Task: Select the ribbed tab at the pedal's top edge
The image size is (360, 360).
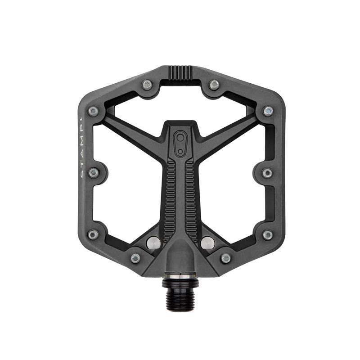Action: click(180, 72)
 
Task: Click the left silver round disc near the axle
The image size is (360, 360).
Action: click(153, 242)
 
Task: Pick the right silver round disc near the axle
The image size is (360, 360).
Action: click(207, 242)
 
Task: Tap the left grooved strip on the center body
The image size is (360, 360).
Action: click(170, 198)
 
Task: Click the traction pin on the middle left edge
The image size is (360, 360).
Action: click(94, 173)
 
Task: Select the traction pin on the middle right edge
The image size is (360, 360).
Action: click(267, 173)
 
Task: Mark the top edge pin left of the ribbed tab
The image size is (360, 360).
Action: click(146, 85)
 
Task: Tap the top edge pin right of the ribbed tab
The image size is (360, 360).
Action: click(214, 85)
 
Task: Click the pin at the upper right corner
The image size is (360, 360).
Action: click(268, 111)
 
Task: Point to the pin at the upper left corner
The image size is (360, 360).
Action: click(93, 111)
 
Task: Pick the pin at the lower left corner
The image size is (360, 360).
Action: click(93, 234)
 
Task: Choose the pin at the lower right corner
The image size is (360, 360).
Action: click(267, 234)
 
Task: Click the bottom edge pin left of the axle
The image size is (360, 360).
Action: click(135, 258)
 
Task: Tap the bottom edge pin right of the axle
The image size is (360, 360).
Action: click(225, 258)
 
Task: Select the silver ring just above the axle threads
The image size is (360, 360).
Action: click(180, 276)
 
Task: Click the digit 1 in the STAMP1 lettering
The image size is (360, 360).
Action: click(81, 120)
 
